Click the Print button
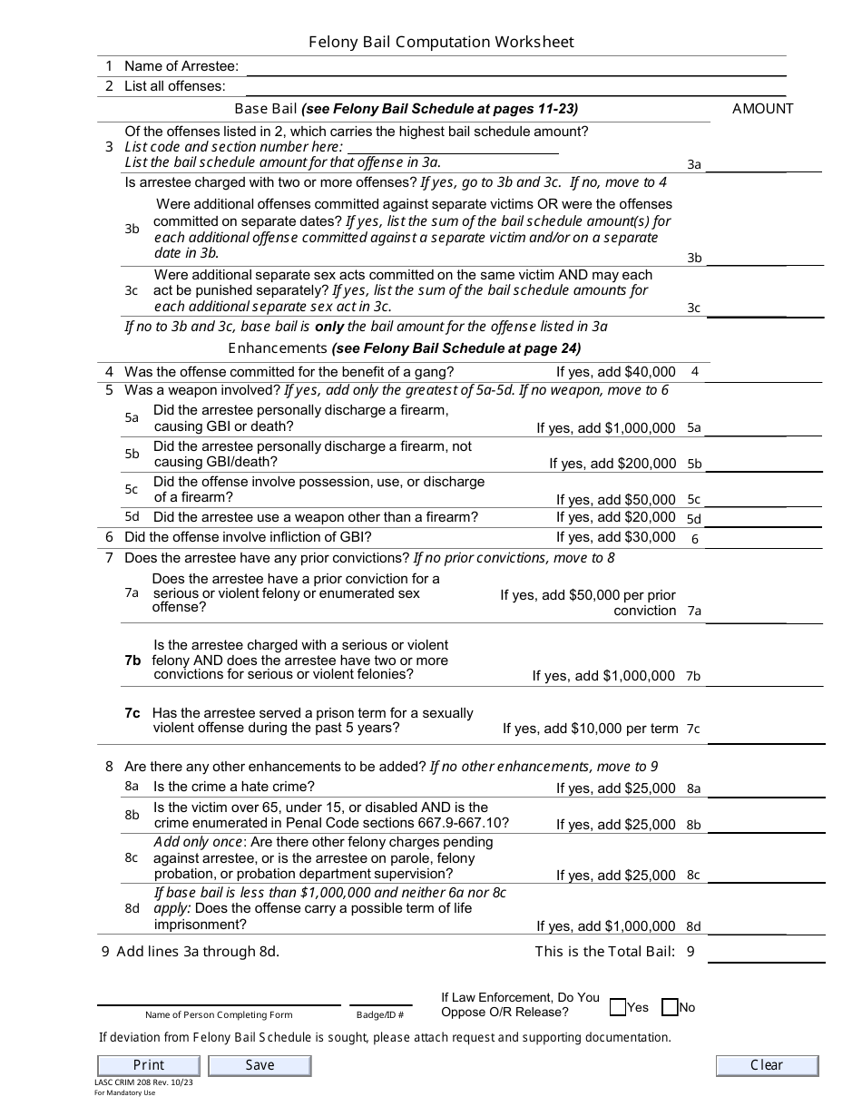pyautogui.click(x=148, y=1065)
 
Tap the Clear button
pyautogui.click(x=767, y=1065)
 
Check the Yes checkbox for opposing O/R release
pyautogui.click(x=618, y=1007)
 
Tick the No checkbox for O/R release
pyautogui.click(x=670, y=1007)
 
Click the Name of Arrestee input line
pyautogui.click(x=515, y=67)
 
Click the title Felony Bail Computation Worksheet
pyautogui.click(x=441, y=43)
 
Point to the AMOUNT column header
pyautogui.click(x=762, y=109)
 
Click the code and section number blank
pyautogui.click(x=453, y=148)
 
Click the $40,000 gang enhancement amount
pyautogui.click(x=647, y=372)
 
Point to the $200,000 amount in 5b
pyautogui.click(x=647, y=464)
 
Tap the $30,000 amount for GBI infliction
pyautogui.click(x=647, y=537)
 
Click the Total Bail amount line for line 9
pyautogui.click(x=764, y=953)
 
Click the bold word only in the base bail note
pyautogui.click(x=328, y=327)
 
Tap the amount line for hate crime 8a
pyautogui.click(x=764, y=789)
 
